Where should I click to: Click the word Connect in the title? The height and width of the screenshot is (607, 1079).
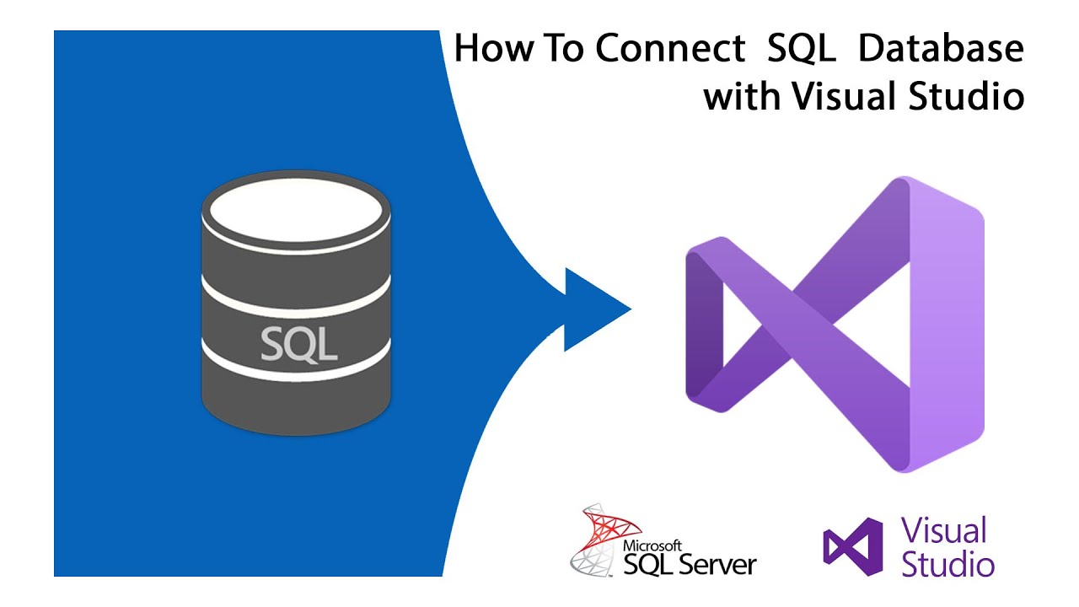click(670, 50)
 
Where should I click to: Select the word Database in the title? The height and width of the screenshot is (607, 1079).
click(941, 50)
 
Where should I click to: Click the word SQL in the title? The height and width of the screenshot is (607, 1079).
click(802, 50)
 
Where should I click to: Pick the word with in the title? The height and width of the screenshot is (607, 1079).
click(743, 97)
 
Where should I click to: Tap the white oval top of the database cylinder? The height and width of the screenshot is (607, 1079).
click(296, 210)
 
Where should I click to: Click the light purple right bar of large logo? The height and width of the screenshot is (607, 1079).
click(953, 325)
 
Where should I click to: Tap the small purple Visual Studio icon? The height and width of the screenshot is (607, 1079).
click(852, 546)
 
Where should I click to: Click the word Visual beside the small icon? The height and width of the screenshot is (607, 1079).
click(943, 531)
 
